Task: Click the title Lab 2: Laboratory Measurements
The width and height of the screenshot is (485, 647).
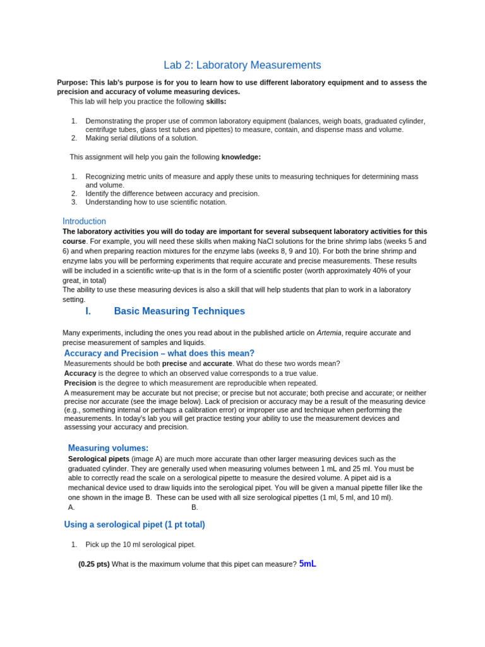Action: coord(242,65)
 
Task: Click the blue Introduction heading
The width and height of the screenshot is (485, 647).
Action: coord(84,221)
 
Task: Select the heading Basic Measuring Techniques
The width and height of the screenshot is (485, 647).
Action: coord(179,311)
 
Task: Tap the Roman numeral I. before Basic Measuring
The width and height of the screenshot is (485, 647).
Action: coord(88,311)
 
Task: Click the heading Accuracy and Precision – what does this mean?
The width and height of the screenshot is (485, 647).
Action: coord(159,353)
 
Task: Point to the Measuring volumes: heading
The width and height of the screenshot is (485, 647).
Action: coord(108,448)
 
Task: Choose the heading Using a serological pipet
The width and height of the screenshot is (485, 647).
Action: coord(135,524)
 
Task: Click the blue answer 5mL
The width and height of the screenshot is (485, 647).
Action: coord(307,564)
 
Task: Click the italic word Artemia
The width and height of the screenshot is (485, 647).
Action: coord(328,333)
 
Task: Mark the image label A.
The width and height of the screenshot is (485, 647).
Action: coord(71,507)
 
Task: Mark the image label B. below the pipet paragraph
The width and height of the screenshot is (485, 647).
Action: coord(195,507)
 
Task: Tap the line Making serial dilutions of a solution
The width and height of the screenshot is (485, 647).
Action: coord(141,138)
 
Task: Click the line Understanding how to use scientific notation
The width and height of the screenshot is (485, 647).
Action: coord(156,202)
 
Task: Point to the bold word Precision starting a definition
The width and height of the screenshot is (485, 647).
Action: coord(80,383)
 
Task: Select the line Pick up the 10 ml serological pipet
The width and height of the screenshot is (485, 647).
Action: coord(140,545)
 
